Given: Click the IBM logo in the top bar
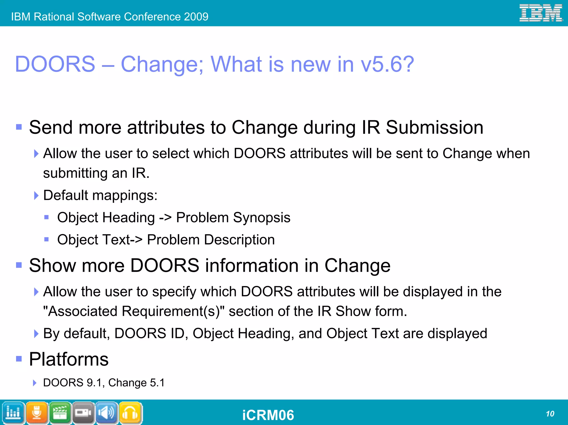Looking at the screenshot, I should pos(541,13).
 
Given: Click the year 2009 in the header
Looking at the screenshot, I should pos(196,17).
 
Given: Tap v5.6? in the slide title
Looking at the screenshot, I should pos(387,64).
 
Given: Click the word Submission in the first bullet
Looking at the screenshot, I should pos(434,127).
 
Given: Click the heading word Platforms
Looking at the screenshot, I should pos(69,359).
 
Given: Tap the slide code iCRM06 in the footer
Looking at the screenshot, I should pos(268,415).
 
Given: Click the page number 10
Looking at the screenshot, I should pos(550,414).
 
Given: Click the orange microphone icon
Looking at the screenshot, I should pos(37,413).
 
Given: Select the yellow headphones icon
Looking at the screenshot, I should pos(130,413).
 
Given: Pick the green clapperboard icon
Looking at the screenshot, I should pos(60,413).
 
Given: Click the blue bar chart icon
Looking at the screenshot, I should pos(13,413).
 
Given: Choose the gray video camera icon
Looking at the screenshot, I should pos(83,413).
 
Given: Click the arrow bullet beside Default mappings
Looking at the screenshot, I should pos(36,196).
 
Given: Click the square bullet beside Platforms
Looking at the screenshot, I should pos(19,359).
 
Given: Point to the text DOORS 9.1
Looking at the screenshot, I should pos(73,383).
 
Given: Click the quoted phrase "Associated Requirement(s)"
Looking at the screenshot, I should pos(134,311).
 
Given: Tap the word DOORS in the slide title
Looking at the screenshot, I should pos(55,64).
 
